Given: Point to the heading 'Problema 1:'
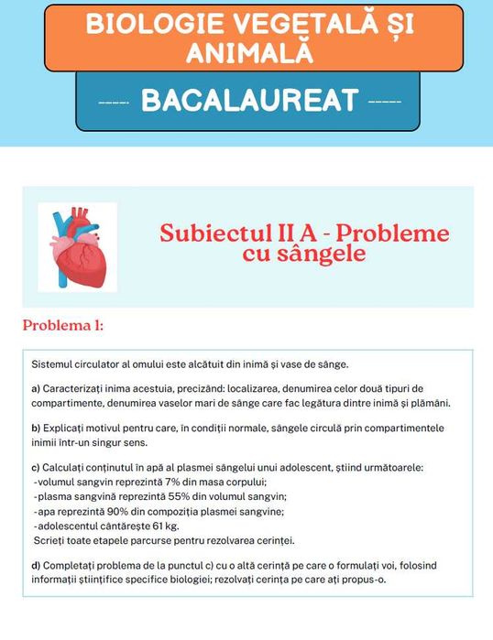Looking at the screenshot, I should (63, 325).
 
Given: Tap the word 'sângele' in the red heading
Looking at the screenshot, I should (303, 254).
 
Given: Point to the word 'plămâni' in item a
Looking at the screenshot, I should (430, 403).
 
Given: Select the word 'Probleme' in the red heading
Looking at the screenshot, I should (402, 233).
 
